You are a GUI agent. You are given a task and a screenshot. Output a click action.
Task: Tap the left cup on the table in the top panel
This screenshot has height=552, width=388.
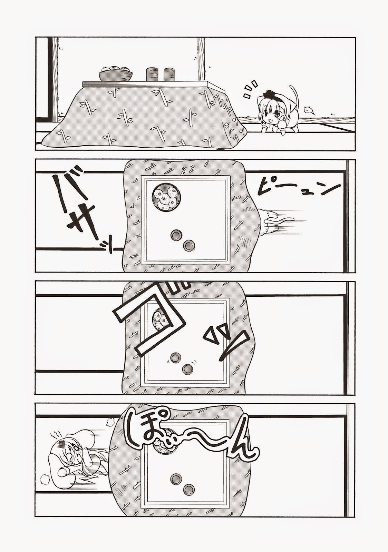click(152, 75)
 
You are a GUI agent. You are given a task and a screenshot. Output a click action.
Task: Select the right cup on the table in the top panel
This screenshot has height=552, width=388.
click(169, 75)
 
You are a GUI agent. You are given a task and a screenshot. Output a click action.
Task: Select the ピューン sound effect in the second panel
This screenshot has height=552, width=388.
click(297, 193)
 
